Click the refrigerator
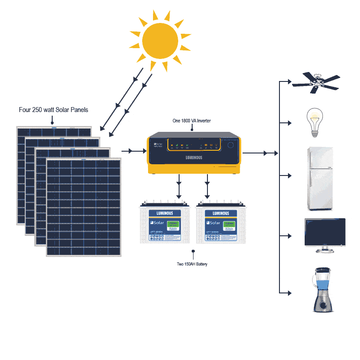pos(320,178)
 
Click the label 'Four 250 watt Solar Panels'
pos(54,110)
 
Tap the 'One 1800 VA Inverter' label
pos(192,121)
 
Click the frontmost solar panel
pos(84,207)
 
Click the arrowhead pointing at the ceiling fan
pos(289,82)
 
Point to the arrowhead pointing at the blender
pos(289,292)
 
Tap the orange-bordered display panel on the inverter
pos(193,145)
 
